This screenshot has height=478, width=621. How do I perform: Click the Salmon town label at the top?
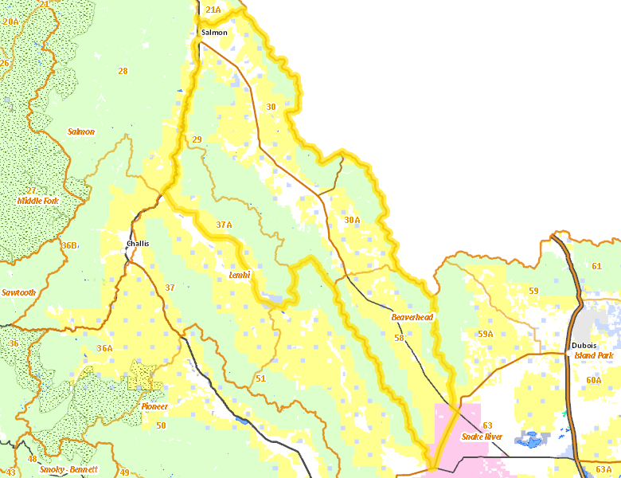click(x=214, y=33)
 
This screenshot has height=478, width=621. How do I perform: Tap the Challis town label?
click(x=138, y=244)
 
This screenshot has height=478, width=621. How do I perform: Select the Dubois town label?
click(x=584, y=345)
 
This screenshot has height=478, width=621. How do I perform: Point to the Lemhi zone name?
click(x=240, y=275)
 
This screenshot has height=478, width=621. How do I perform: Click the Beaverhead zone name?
click(x=412, y=317)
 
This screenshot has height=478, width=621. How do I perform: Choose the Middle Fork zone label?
click(x=37, y=201)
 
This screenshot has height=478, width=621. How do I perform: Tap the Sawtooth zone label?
click(x=18, y=292)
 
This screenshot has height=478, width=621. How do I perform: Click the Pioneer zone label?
click(x=154, y=406)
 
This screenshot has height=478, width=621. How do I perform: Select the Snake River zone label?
click(x=482, y=437)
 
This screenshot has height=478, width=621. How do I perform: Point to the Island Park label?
click(x=594, y=355)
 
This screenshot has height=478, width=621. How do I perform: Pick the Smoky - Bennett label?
click(x=68, y=469)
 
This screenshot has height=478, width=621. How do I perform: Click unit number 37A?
click(x=224, y=225)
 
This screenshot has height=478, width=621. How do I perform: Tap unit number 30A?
click(x=352, y=219)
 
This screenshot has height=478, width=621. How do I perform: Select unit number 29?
click(x=197, y=140)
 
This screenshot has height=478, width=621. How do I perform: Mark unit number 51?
click(x=260, y=378)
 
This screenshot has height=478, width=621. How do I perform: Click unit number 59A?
click(x=486, y=334)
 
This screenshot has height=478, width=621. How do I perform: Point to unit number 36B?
click(x=69, y=245)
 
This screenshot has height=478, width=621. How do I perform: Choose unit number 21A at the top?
click(x=213, y=10)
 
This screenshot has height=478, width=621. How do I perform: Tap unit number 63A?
click(x=603, y=469)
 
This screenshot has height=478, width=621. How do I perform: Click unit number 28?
click(x=123, y=72)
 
